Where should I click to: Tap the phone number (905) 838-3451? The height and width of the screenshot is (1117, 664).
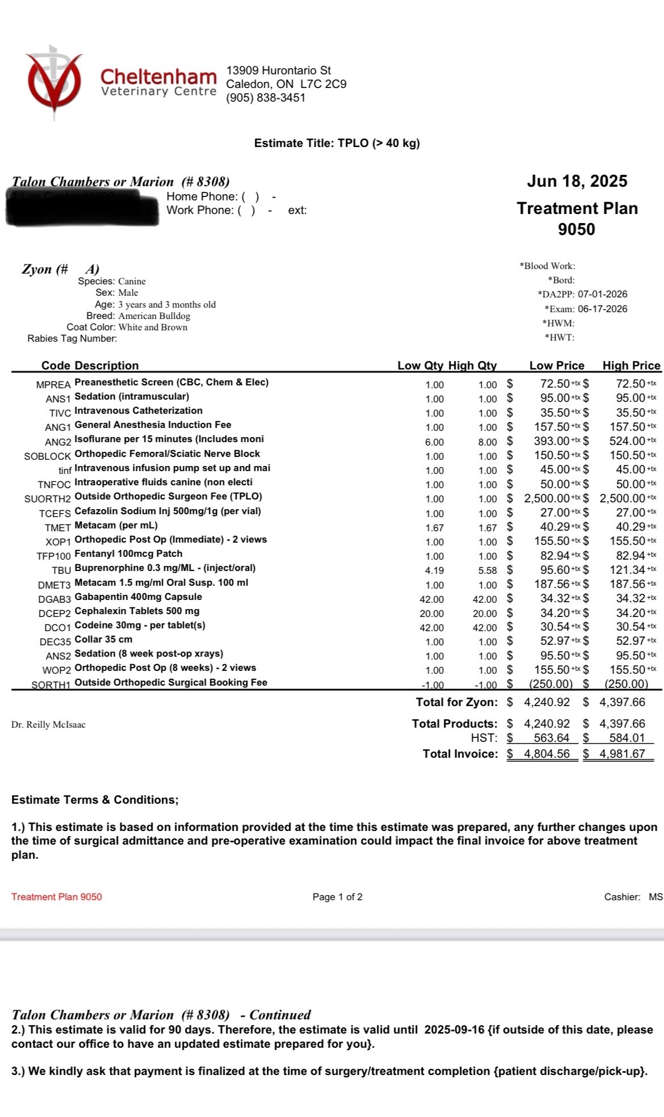coord(266,98)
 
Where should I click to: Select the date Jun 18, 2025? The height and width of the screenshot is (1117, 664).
coord(577,181)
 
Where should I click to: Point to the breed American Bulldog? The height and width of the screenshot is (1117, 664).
coord(154,316)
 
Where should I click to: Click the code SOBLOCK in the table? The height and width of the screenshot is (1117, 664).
coord(48,456)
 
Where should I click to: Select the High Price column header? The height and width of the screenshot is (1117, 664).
coord(631,366)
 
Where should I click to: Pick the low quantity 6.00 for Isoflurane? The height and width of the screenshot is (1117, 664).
coord(434,442)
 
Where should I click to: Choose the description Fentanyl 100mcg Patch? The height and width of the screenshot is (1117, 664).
coord(129,553)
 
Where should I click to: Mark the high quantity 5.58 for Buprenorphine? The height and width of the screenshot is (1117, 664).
coord(488,570)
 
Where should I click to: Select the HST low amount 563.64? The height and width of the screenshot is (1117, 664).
coord(551,738)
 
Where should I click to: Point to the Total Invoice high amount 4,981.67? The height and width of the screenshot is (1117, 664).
coord(622,754)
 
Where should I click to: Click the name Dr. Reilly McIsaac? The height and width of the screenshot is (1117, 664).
coord(48,725)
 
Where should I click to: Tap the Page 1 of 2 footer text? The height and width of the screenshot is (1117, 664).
coord(337,897)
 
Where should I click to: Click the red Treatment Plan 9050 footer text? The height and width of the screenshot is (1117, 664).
coord(57,897)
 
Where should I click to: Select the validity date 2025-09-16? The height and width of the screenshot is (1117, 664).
coord(454,1030)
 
